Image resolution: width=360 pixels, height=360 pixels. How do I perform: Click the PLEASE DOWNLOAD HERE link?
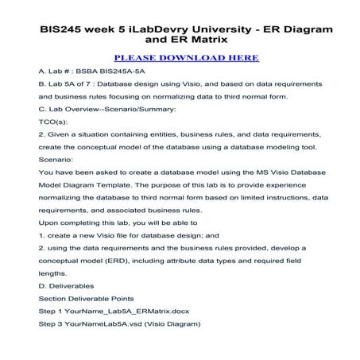point(180,58)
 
